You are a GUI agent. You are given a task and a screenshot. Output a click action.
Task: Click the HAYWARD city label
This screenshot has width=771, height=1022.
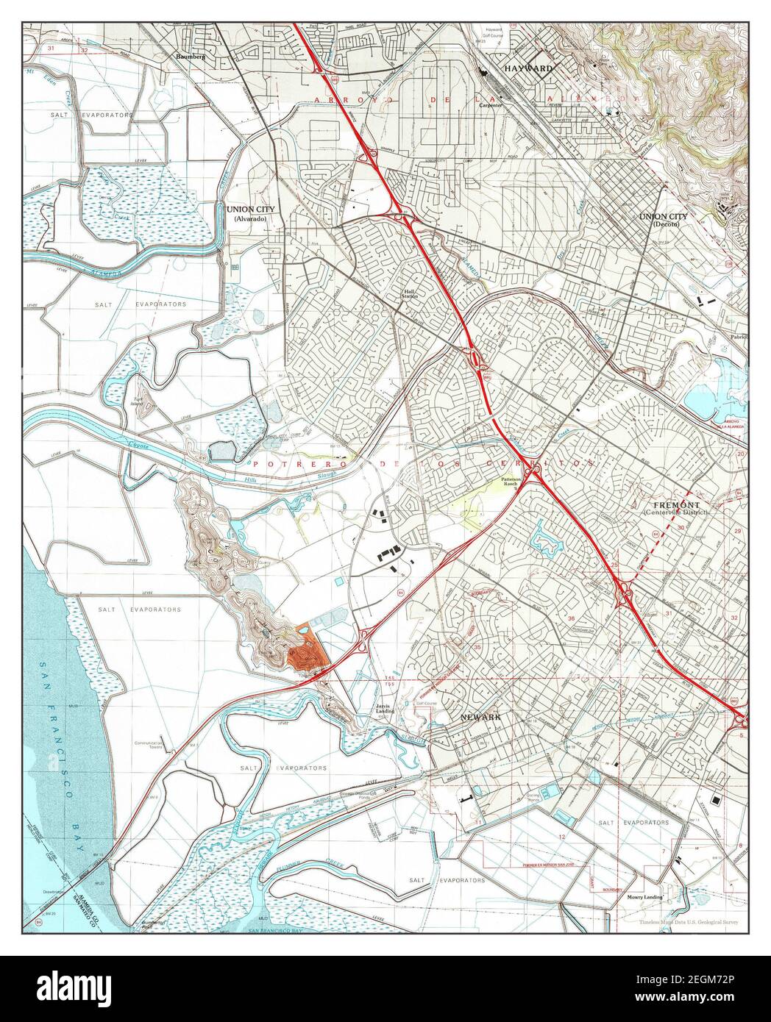(528, 68)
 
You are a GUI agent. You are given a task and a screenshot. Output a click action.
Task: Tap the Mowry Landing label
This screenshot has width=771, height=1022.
(644, 898)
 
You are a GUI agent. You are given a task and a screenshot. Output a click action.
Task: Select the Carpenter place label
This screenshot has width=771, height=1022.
(491, 105)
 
